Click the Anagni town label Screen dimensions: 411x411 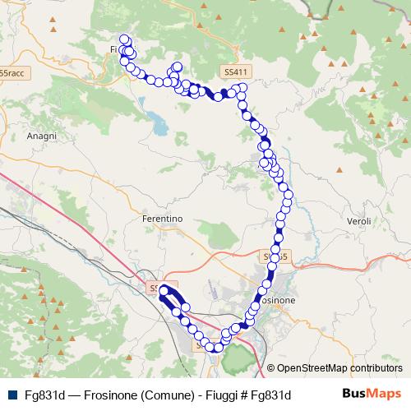[42, 136]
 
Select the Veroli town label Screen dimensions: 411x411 [359, 221]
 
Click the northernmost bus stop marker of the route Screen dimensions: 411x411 [125, 39]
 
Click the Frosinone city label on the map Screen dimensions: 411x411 [279, 302]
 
